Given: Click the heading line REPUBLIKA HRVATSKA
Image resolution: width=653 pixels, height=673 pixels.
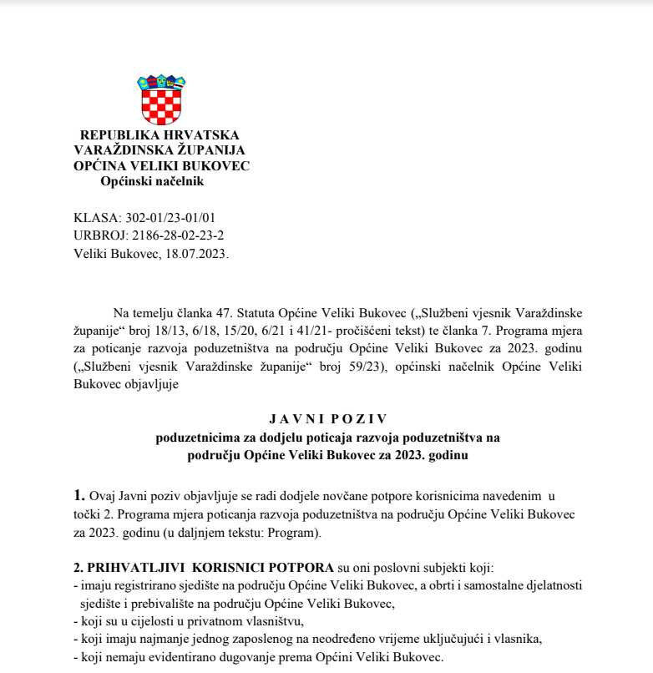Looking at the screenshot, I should [159, 135].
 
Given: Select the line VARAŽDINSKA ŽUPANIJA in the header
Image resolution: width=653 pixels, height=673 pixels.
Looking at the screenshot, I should [159, 150].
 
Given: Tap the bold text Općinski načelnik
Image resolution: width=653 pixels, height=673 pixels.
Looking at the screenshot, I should [152, 181].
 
